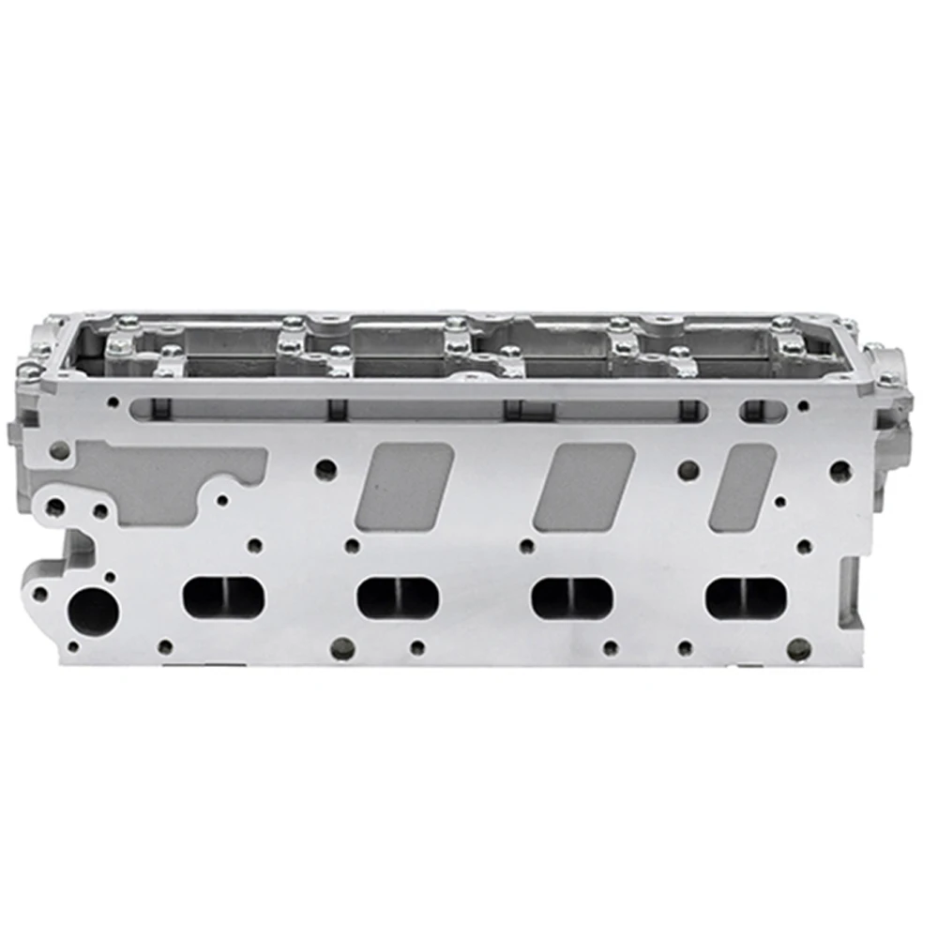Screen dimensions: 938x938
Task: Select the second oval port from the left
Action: click(x=399, y=597)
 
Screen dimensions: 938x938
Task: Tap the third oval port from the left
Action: click(x=572, y=597)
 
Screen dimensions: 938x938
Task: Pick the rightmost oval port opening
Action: click(x=747, y=597)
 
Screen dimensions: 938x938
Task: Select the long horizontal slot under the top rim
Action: click(x=422, y=409)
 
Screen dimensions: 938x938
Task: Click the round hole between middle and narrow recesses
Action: click(x=688, y=467)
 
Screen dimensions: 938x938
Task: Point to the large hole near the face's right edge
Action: click(x=840, y=469)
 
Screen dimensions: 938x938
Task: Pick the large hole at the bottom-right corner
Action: click(x=798, y=647)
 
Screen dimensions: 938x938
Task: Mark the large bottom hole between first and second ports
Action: click(x=344, y=646)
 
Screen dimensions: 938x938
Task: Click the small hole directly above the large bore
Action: click(x=110, y=578)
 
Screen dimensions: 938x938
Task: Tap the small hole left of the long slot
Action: click(x=113, y=402)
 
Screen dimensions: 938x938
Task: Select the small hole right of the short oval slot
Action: click(x=803, y=407)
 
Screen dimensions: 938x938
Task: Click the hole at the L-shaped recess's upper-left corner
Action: click(x=59, y=451)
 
